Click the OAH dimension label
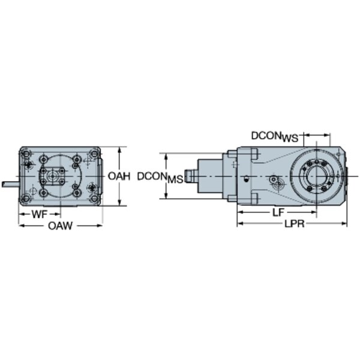click(x=119, y=176)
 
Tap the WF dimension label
click(x=40, y=214)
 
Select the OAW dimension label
click(x=60, y=226)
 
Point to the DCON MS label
click(x=160, y=178)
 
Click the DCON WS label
click(x=275, y=137)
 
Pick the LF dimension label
click(x=278, y=212)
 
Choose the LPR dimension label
click(x=295, y=224)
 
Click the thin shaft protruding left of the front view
click(x=11, y=184)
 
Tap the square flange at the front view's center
click(x=53, y=176)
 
